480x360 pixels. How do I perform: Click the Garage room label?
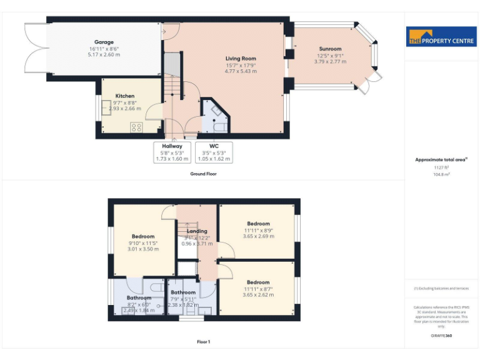104,42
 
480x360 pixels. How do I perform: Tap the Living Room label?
241,59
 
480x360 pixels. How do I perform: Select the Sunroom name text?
330,49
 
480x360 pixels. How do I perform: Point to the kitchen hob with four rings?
136,127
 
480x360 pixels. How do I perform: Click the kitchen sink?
112,105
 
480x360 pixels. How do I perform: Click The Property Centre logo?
441,36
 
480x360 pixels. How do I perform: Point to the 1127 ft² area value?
441,167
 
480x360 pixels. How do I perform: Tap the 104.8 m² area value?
441,174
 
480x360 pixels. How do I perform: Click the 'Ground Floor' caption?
203,174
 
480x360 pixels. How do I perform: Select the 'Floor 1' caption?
203,342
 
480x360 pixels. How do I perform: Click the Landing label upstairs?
196,231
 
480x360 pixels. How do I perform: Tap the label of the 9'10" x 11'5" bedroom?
142,236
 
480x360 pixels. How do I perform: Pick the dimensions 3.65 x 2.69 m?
258,237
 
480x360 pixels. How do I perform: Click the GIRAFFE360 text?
441,336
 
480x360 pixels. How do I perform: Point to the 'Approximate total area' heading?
441,160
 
